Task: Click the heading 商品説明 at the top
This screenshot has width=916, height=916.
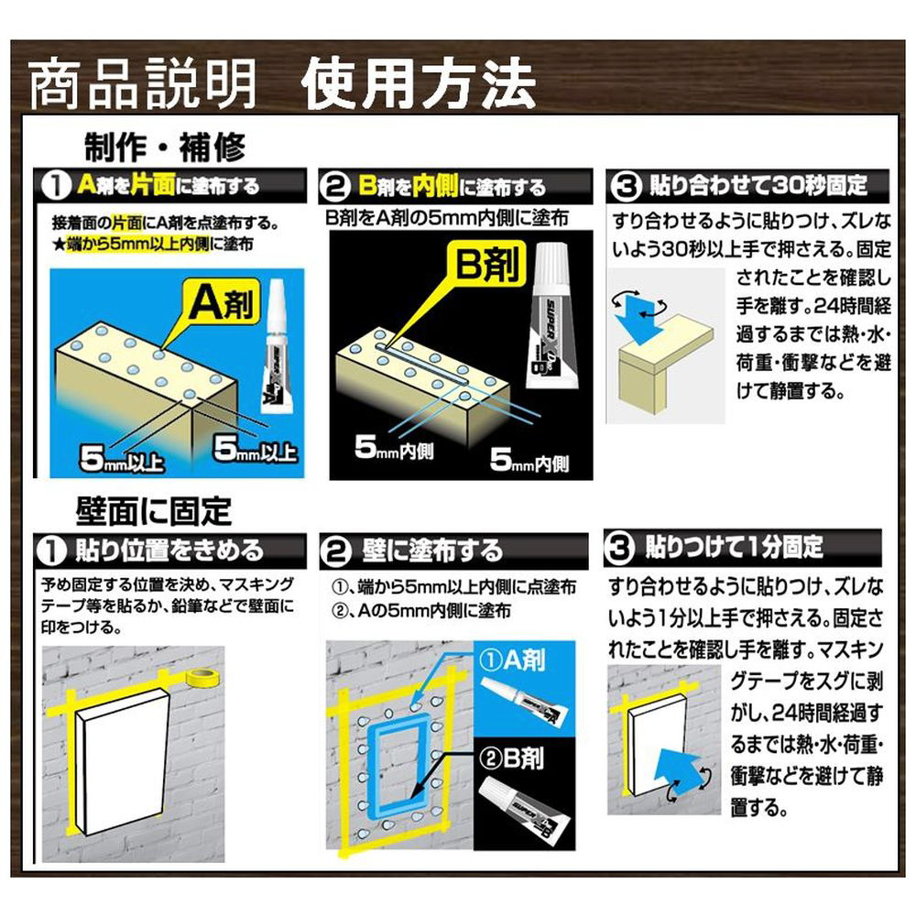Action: point(143,83)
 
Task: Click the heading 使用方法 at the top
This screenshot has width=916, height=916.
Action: point(419,83)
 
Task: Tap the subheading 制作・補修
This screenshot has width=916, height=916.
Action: point(165,147)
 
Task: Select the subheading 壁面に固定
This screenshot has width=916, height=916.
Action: point(154,511)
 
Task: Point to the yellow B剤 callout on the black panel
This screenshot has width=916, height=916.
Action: point(485,263)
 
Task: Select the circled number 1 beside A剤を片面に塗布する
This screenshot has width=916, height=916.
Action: point(57,186)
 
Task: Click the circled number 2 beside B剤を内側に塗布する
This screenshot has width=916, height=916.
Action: point(334,187)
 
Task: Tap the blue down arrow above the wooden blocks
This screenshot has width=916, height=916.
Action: point(638,320)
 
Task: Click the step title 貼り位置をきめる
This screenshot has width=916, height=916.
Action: point(170,551)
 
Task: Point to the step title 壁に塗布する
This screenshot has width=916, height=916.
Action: point(431,551)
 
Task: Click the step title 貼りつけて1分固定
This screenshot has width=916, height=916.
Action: point(734,548)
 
